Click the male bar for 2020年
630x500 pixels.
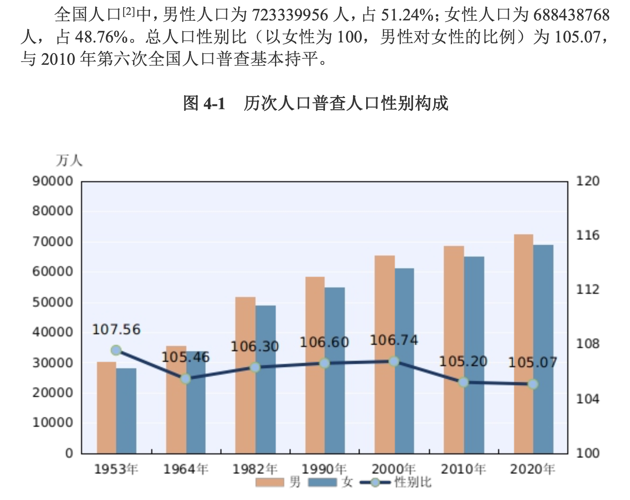[523, 344]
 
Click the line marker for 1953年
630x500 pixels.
[116, 350]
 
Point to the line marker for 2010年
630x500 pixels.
[463, 382]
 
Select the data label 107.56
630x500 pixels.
[116, 330]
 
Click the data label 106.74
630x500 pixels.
[394, 340]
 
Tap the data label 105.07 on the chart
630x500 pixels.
[532, 363]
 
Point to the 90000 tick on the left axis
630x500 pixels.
[53, 181]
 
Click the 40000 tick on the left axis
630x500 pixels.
[53, 332]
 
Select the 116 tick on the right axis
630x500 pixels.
[588, 235]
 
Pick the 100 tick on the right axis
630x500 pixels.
[588, 453]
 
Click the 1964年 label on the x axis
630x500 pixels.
[185, 469]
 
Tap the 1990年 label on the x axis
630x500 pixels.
[324, 469]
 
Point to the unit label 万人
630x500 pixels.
[69, 160]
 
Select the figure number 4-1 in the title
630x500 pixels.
[215, 103]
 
